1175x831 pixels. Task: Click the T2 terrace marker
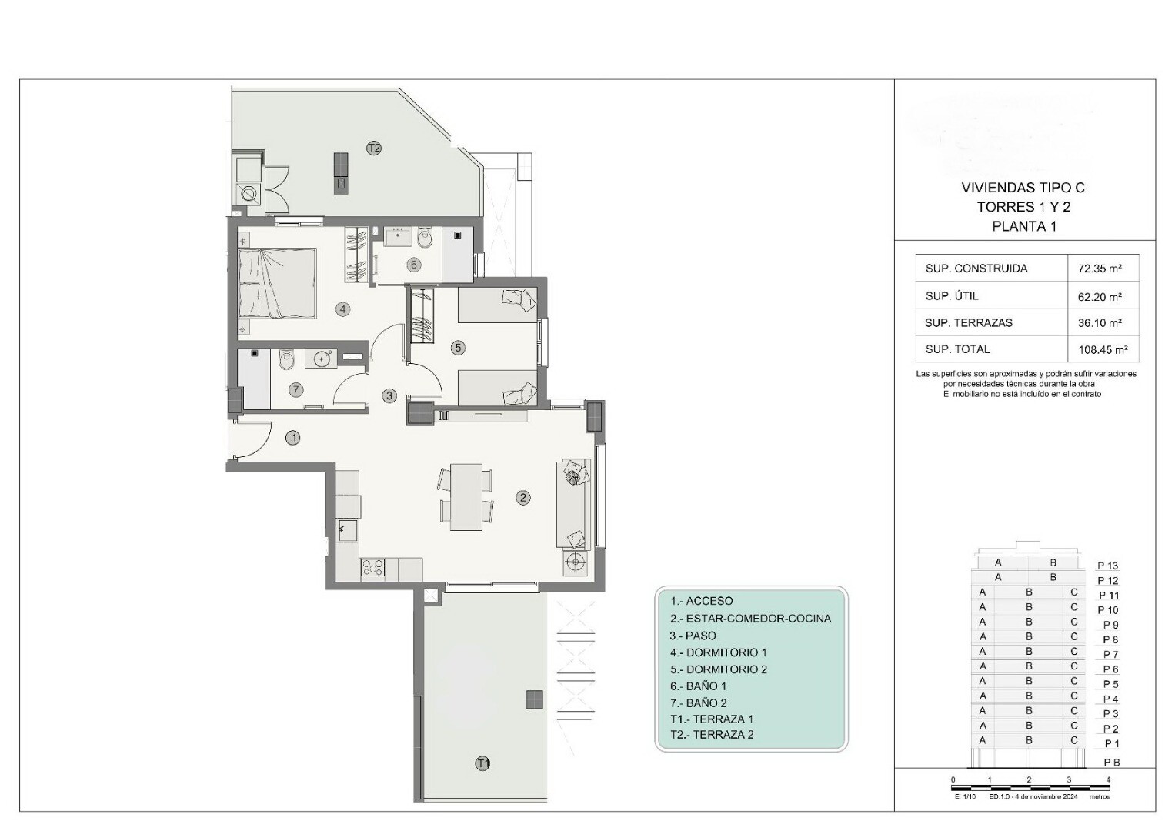point(373,149)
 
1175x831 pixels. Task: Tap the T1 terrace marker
point(482,763)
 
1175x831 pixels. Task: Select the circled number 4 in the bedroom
point(342,309)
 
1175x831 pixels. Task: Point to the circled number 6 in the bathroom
point(413,265)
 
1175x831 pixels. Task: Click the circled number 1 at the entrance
point(293,438)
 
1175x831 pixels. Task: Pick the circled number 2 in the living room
point(522,497)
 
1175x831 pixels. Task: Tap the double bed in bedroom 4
point(277,283)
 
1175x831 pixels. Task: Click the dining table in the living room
point(466,497)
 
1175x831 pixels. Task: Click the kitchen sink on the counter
point(348,530)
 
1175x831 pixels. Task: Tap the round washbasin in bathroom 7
point(321,359)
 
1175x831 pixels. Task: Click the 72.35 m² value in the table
point(1100,269)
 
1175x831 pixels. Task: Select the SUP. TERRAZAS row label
point(968,323)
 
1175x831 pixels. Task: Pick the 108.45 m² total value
point(1103,350)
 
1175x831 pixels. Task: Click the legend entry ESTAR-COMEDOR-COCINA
point(758,619)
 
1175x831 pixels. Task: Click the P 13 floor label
point(1108,566)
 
